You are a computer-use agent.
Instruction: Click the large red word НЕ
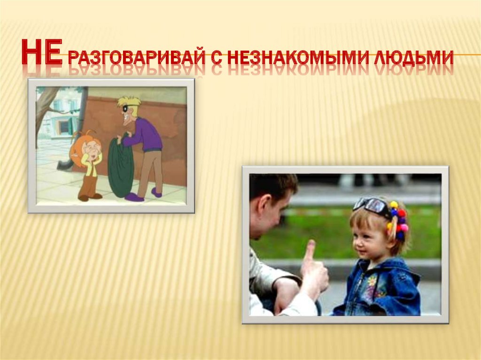[x=42, y=52]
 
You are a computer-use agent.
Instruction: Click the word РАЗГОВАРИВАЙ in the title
[x=136, y=56]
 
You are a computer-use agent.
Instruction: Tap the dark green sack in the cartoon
[x=120, y=166]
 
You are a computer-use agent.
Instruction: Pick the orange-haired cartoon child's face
[x=91, y=149]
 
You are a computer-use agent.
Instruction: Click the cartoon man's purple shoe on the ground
[x=134, y=198]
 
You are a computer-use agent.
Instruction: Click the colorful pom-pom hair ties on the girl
[x=398, y=220]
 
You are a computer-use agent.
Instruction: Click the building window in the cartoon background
[x=65, y=126]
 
